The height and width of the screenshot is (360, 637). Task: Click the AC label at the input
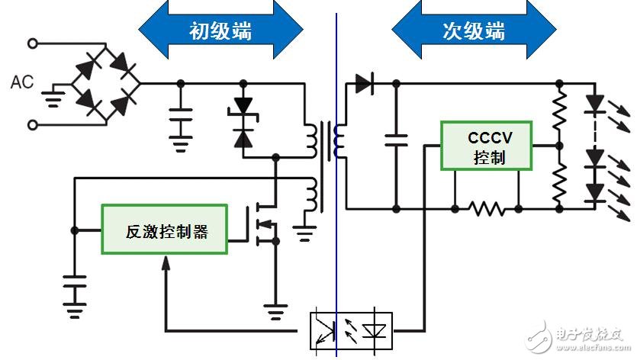[x=22, y=82]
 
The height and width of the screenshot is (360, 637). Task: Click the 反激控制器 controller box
[x=164, y=230]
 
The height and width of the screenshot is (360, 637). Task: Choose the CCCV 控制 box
[x=486, y=146]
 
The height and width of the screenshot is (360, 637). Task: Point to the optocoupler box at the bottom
[x=352, y=331]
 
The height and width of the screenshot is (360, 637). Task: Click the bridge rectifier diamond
[x=106, y=83]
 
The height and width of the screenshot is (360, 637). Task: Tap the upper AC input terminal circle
[x=33, y=43]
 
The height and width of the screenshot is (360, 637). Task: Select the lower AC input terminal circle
[x=33, y=125]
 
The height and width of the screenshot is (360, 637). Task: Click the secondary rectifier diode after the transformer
[x=365, y=84]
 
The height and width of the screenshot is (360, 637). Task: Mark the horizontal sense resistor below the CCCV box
[x=487, y=209]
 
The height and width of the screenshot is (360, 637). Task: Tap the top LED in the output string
[x=596, y=104]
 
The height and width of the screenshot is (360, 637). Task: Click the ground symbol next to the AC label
[x=53, y=98]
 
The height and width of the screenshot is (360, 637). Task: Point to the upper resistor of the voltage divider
[x=559, y=110]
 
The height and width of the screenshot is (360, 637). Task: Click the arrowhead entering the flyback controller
[x=166, y=263]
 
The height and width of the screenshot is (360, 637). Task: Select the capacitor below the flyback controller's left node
[x=74, y=281]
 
